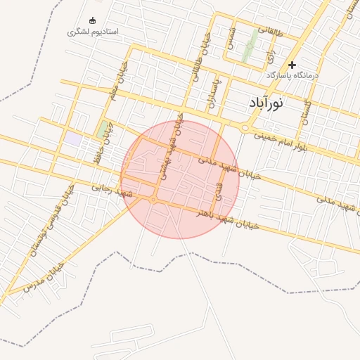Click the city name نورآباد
click(266, 103)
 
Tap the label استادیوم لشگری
click(93, 32)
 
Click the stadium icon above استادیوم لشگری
click(93, 20)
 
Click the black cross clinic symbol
click(292, 65)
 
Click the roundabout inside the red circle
click(153, 200)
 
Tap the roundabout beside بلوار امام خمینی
click(245, 128)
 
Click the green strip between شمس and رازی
click(249, 47)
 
